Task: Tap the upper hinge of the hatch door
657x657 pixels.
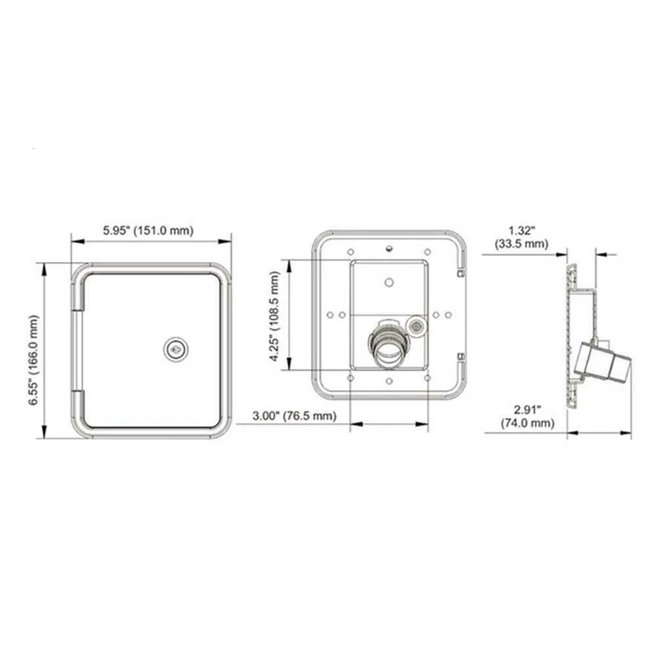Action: click(x=80, y=292)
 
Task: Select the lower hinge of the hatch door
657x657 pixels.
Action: click(x=80, y=407)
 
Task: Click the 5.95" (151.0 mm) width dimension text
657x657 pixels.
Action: click(x=149, y=231)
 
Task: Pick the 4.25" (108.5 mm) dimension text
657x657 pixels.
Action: click(x=274, y=315)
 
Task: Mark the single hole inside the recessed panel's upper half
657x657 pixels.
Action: click(x=388, y=281)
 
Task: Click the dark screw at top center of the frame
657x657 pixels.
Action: click(x=388, y=245)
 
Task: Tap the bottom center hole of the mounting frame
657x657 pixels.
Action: click(x=388, y=379)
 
